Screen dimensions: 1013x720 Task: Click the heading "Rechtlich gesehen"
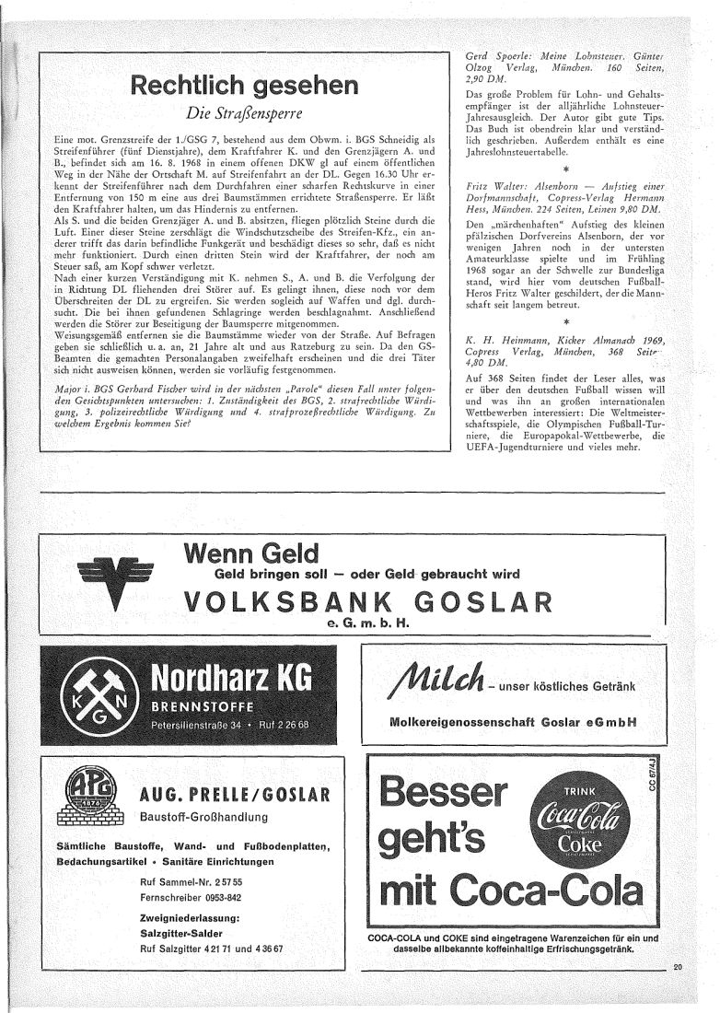click(x=244, y=87)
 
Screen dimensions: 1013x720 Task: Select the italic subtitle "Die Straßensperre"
click(x=244, y=116)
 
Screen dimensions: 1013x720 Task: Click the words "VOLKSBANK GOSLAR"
click(x=368, y=602)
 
